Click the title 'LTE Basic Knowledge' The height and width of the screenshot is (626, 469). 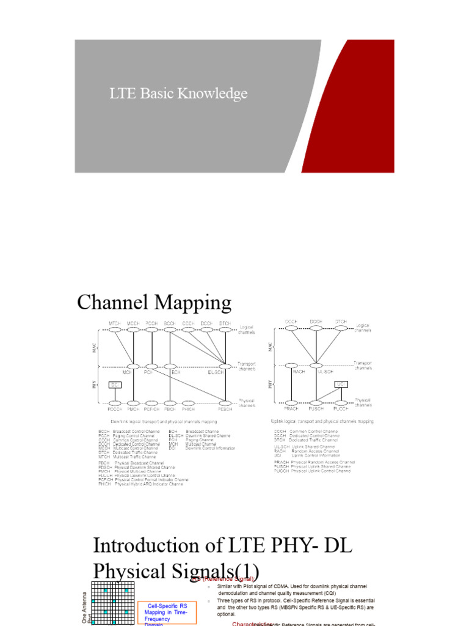click(178, 94)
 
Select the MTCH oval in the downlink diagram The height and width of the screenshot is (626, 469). click(114, 330)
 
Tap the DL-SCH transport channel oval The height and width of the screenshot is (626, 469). click(225, 366)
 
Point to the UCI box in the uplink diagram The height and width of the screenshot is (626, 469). click(342, 384)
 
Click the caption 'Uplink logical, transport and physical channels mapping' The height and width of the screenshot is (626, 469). click(322, 421)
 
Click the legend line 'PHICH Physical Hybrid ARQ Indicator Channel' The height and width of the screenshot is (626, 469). click(140, 484)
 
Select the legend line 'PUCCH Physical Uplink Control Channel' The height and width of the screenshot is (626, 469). click(313, 471)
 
